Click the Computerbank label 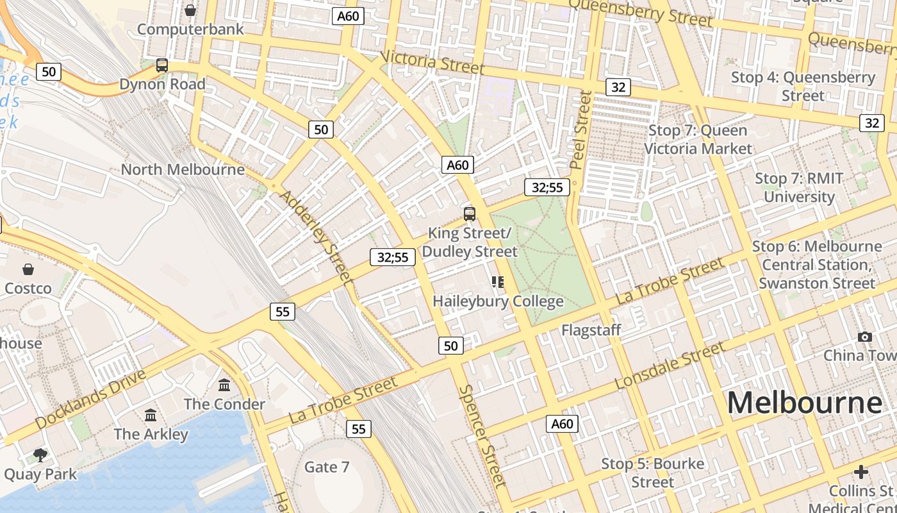(190, 29)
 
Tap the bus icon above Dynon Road (162, 65)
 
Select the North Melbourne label (183, 169)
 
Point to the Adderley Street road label (317, 237)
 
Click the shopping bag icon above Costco (28, 269)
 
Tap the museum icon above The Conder (224, 385)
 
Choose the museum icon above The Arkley (151, 416)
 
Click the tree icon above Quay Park (40, 455)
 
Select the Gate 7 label (327, 467)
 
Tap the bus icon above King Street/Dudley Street (470, 214)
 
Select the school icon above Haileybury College (498, 282)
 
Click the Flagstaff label (591, 330)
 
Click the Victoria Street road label (432, 62)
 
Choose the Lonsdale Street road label (670, 366)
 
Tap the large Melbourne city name (804, 403)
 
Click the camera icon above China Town (865, 337)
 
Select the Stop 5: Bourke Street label (652, 473)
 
